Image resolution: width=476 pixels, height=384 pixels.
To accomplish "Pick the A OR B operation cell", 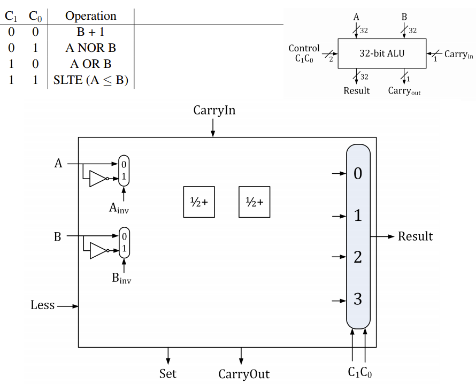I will click(90, 64).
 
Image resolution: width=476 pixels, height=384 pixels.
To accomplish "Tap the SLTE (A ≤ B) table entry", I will click(90, 81).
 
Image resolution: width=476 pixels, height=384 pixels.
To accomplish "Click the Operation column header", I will click(90, 16).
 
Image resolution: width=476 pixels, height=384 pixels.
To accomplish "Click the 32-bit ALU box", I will click(381, 53).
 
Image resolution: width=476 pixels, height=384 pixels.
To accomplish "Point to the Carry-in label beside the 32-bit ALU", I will click(459, 55).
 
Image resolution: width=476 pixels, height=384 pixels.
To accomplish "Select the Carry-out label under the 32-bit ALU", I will click(404, 91).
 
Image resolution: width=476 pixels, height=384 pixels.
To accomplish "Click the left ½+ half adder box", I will click(199, 202).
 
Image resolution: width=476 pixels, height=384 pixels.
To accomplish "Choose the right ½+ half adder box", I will click(255, 202).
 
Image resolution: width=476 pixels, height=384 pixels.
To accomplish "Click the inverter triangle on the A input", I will click(98, 179).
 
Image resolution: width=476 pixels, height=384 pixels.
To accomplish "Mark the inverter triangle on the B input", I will click(98, 250).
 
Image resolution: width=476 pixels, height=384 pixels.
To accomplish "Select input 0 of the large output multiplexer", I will click(358, 174).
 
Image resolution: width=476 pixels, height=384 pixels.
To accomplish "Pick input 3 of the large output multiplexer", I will click(358, 299).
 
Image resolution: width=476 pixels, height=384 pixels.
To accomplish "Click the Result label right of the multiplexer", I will click(415, 236).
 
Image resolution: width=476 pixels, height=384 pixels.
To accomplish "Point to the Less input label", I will click(43, 305).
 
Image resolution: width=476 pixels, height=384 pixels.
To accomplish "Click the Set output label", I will click(168, 373).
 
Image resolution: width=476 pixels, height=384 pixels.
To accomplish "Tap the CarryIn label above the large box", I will click(214, 111).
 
